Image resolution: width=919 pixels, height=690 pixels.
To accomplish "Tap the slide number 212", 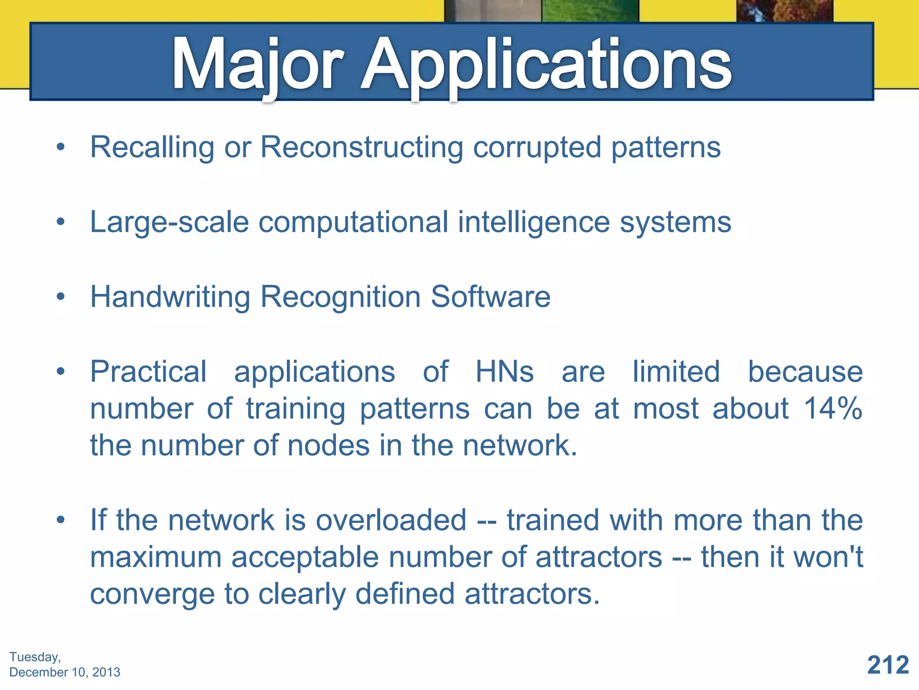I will pos(888,665).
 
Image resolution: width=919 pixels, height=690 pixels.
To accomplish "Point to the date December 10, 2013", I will pos(65,672).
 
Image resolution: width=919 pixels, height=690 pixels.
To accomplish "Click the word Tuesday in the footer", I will pos(34,657).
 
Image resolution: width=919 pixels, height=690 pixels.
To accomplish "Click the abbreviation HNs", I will pos(504,372).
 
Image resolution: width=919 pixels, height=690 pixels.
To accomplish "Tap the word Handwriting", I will pos(170,297).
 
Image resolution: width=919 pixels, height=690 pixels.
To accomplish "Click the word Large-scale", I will pos(169,222).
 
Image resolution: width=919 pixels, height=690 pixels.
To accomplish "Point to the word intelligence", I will pos(534,222).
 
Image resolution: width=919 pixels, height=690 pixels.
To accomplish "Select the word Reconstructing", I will pos(362,147).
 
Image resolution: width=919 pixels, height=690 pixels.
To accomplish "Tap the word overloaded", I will pos(391,520).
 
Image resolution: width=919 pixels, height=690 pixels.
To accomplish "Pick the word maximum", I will pos(156,557).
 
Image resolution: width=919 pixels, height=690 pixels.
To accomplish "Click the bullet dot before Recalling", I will pos(61,147).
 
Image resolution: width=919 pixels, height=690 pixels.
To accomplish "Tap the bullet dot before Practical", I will pos(61,372).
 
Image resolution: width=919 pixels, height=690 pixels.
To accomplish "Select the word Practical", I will pos(148,372).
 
